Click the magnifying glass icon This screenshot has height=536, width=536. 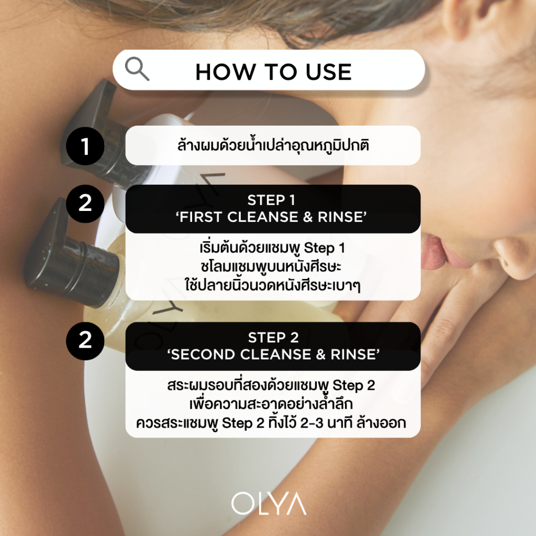coord(137,69)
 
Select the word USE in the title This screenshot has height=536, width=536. coord(329,72)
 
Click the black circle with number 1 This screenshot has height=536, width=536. coord(85,147)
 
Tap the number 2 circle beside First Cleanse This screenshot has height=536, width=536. coord(85,204)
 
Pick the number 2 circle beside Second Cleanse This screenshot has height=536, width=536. coord(85,340)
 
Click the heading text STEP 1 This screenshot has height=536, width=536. coord(272,200)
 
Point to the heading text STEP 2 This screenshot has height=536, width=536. coord(273,338)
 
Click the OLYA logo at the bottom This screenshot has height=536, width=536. coord(269,503)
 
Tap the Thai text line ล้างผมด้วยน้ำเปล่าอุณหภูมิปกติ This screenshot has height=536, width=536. coord(273,146)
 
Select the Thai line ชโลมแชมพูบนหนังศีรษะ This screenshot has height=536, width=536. coord(271,266)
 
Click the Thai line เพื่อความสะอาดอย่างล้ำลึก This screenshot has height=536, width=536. coord(271,404)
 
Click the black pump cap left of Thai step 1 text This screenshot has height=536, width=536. coord(99,130)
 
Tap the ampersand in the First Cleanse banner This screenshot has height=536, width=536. coord(308,217)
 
